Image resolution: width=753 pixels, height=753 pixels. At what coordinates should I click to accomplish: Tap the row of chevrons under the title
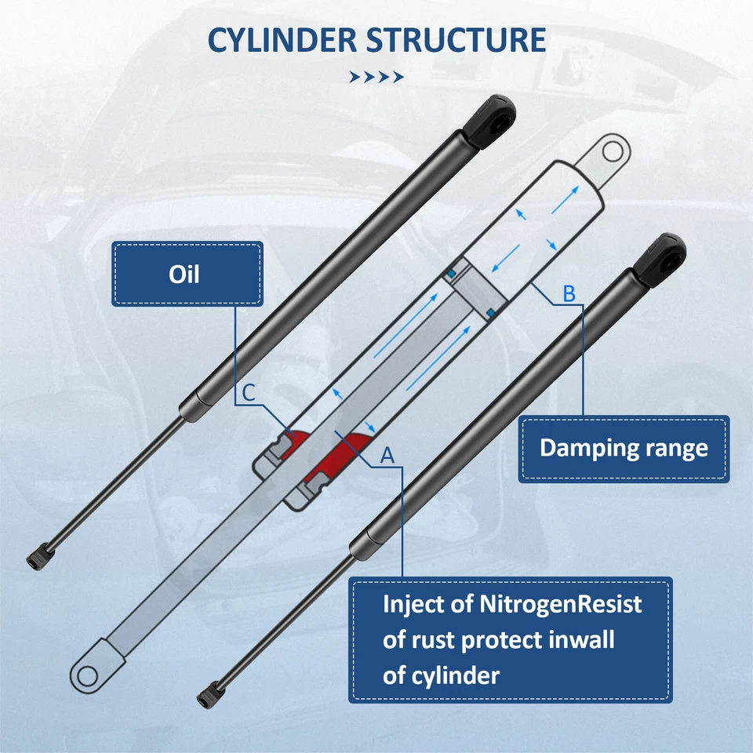pos(376,77)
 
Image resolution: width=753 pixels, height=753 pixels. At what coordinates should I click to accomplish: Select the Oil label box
pos(187,275)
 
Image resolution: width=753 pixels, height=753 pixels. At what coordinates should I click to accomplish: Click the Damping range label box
pos(624,449)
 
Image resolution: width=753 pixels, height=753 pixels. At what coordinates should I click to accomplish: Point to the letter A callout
pos(386,454)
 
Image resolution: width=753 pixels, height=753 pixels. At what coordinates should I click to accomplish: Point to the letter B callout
pos(569,294)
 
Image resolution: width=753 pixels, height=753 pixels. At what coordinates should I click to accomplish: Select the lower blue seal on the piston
pos(490,313)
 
